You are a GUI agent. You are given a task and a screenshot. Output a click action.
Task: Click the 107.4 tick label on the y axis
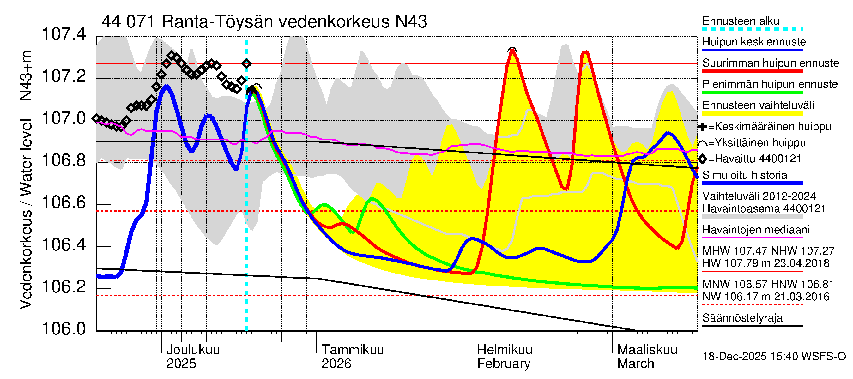64,34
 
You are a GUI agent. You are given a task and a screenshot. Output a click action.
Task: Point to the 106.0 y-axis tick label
64,328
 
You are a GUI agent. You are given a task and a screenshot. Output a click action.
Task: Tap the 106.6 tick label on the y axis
64,202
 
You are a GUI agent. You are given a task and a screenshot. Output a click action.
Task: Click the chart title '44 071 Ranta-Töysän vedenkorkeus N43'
264,22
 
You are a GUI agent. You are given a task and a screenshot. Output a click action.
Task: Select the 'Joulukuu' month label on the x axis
193,350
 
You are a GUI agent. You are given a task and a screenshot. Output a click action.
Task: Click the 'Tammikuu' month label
352,350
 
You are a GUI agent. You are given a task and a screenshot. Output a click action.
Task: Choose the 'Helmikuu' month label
504,350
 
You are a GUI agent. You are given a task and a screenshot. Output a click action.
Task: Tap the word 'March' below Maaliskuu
635,364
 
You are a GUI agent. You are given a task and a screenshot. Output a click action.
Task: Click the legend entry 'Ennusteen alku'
741,21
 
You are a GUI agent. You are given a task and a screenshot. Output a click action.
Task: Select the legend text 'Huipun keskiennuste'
754,42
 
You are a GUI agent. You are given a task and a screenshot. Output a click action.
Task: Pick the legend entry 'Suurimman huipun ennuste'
770,63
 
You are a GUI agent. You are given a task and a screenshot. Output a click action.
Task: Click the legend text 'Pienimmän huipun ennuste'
770,84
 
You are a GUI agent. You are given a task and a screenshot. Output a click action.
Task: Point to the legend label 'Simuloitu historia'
744,175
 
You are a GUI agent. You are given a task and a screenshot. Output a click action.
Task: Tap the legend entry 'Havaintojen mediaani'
756,229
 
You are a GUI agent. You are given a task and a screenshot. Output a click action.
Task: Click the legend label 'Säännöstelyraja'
742,318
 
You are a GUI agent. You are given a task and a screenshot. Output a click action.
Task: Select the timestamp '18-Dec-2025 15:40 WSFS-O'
774,357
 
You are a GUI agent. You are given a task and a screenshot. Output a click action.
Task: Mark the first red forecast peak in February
512,51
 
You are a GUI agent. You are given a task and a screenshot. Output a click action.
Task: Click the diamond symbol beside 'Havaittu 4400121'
702,159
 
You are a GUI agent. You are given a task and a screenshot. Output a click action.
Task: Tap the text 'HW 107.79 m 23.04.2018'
765,263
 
